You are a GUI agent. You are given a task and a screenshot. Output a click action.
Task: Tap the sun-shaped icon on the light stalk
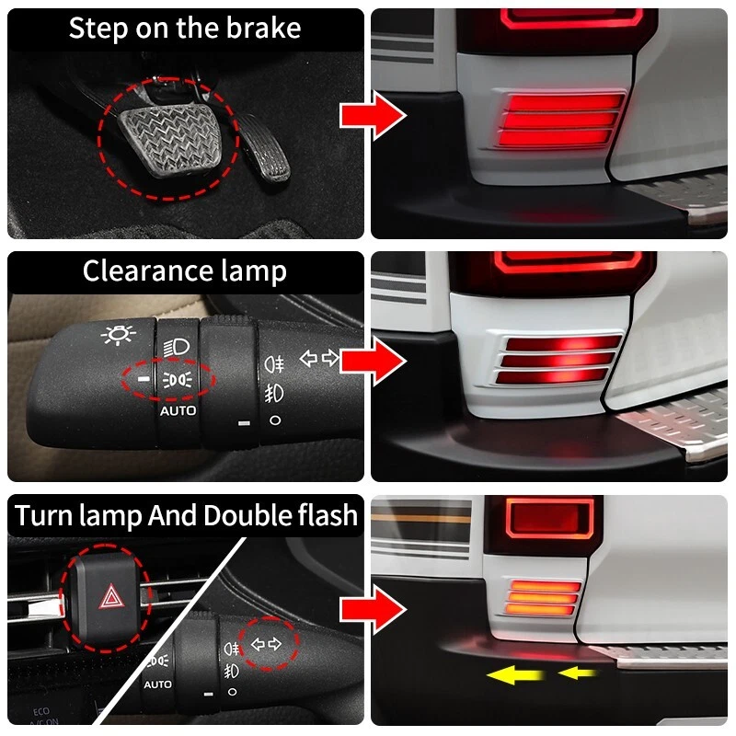click(x=116, y=337)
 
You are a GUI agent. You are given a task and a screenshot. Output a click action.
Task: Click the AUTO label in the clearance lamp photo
click(x=178, y=410)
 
